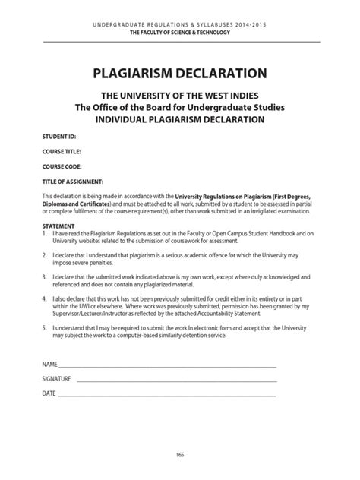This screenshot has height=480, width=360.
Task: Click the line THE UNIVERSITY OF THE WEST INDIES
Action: (179, 97)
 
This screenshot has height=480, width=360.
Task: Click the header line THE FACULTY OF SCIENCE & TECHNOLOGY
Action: (179, 34)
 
